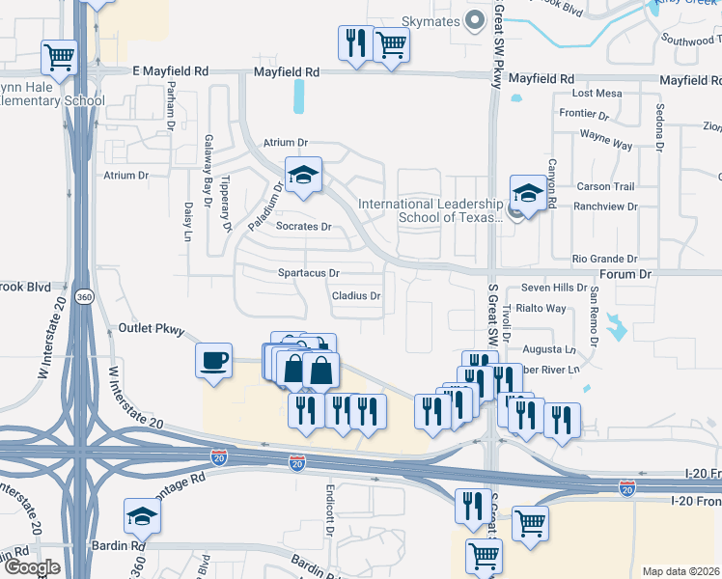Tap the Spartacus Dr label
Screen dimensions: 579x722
(309, 274)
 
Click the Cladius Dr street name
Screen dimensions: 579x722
(356, 296)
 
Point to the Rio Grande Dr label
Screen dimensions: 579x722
(605, 259)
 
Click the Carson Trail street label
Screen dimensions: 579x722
(605, 186)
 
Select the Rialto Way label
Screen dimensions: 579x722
(541, 309)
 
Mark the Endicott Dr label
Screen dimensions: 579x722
(329, 503)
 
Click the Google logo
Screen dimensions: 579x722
(31, 567)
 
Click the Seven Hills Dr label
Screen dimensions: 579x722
(554, 289)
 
